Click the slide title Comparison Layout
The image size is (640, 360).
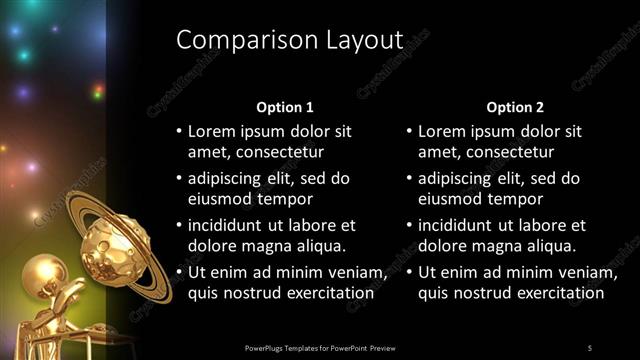pyautogui.click(x=288, y=40)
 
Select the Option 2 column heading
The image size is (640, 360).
pyautogui.click(x=515, y=107)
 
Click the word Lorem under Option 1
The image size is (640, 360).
pyautogui.click(x=211, y=132)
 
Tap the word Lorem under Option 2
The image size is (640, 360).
pyautogui.click(x=441, y=132)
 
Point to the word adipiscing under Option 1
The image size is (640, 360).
pyautogui.click(x=226, y=179)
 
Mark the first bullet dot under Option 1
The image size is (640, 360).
pyautogui.click(x=179, y=132)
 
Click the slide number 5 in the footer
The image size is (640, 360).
pyautogui.click(x=589, y=347)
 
